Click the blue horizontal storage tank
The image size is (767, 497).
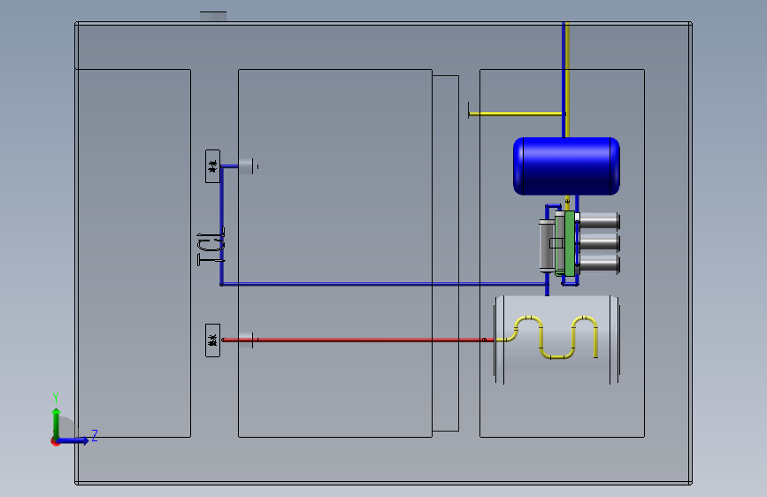566,165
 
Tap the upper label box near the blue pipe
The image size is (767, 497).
212,165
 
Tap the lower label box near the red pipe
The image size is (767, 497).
212,340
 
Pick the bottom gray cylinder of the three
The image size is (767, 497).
599,263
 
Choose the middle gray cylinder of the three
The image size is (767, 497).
599,242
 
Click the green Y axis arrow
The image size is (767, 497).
56,420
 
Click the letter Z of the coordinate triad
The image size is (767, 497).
95,434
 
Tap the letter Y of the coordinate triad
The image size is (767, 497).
56,397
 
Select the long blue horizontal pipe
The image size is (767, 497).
380,284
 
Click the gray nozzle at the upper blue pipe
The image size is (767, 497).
247,164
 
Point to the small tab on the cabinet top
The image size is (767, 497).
213,15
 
